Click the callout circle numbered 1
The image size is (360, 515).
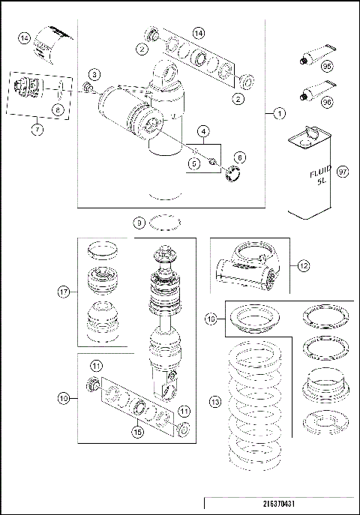[278, 114]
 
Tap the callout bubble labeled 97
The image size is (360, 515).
[343, 172]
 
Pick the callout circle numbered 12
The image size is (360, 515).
[303, 264]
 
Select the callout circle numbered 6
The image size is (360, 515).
[240, 157]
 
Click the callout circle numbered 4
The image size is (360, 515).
[202, 132]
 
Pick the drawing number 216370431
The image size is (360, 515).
[279, 504]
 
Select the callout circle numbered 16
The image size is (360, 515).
[212, 319]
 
